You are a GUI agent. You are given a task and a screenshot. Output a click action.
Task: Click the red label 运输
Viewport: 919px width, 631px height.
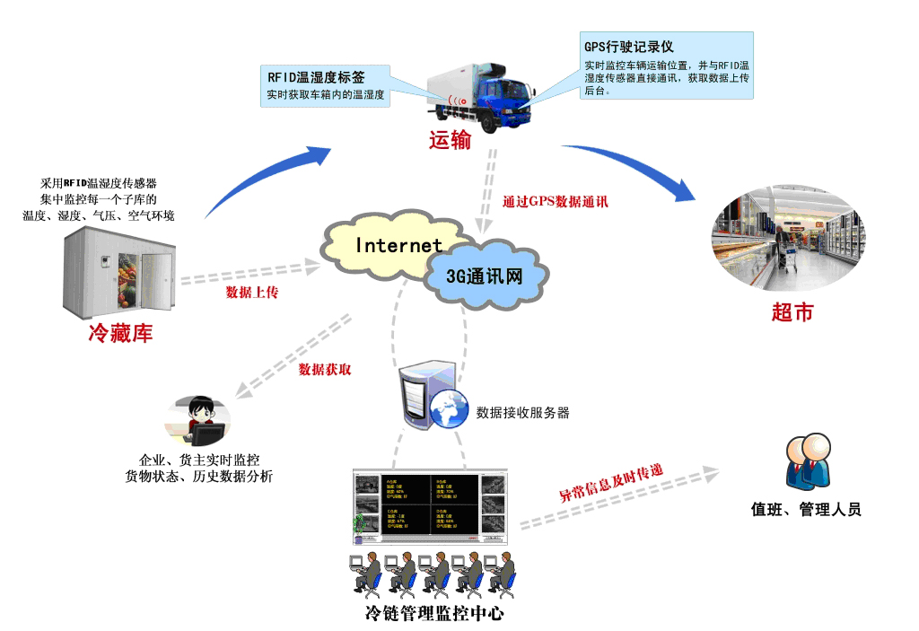[450, 140]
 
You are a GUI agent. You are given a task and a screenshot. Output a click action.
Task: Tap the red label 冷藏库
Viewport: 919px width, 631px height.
[120, 333]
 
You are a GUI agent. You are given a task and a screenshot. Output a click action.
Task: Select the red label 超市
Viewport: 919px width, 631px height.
[792, 312]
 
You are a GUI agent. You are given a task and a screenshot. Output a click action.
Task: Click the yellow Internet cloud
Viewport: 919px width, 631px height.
[386, 245]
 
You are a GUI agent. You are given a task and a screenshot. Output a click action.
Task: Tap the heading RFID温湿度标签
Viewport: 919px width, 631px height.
[317, 76]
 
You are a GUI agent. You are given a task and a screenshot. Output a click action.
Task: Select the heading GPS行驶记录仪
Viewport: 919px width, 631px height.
[628, 46]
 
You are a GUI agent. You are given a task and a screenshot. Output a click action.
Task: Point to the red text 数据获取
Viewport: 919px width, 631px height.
[325, 368]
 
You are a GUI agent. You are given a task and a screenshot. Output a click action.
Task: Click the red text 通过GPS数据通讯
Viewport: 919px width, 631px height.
[556, 201]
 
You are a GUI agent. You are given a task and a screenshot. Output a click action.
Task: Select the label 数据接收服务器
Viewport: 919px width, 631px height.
[522, 413]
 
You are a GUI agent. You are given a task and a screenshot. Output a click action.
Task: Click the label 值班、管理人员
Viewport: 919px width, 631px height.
[806, 509]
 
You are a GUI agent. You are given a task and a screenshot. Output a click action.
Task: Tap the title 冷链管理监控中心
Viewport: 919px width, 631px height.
[434, 614]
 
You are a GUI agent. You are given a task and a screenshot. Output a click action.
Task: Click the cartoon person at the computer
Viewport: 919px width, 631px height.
[199, 421]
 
